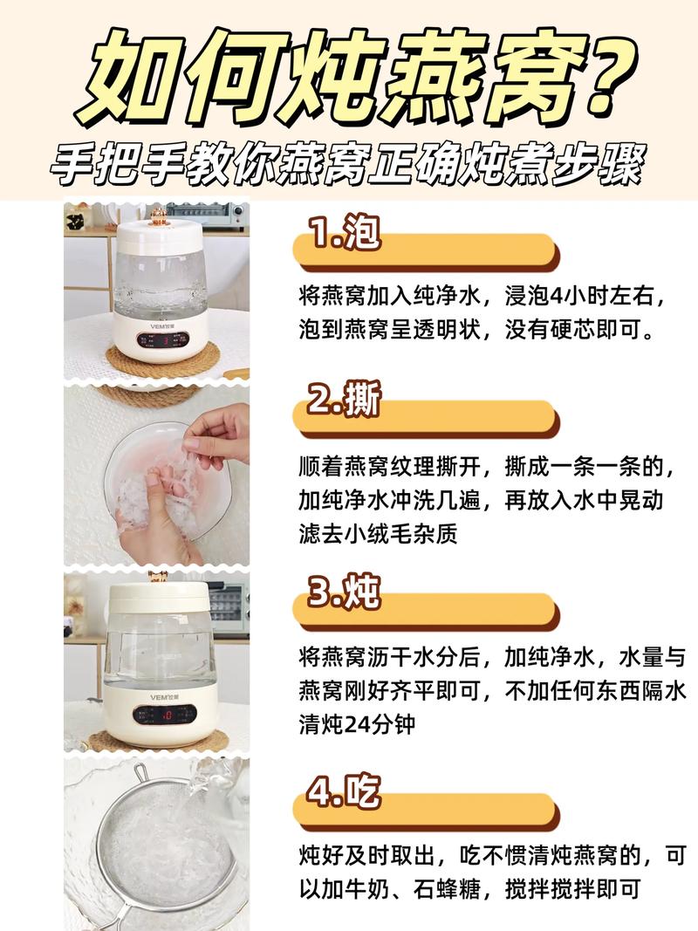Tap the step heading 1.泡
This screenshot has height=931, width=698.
[345, 233]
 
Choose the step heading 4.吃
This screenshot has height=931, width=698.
[345, 792]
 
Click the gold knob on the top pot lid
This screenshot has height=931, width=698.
[159, 216]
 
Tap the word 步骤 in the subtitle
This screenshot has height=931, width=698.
[602, 167]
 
